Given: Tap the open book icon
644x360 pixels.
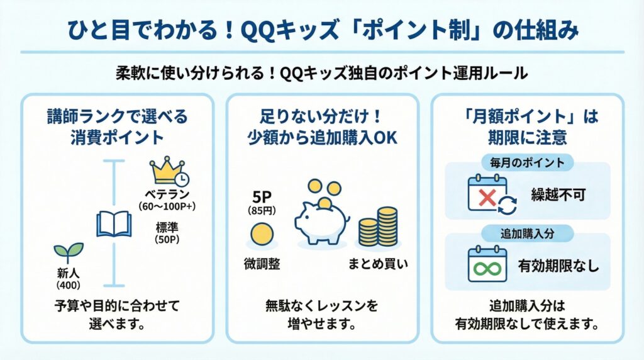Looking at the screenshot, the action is pos(114,224).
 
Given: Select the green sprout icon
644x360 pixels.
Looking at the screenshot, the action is pos(69,252).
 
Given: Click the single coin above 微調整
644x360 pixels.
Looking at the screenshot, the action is pos(262,234).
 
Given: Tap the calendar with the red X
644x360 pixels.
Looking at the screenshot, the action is pos(492,194).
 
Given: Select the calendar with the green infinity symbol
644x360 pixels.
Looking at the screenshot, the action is pos(487,264).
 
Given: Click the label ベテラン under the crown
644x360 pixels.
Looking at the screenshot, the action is pos(167,194).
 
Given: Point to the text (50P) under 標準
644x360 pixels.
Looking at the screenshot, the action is pos(167,239).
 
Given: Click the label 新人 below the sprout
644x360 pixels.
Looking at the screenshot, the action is pos(68,273).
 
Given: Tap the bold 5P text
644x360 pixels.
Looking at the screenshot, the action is pos(262,197).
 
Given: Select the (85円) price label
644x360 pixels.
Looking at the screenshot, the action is pos(262,211).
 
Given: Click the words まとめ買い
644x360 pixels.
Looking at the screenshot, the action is pos(378,264).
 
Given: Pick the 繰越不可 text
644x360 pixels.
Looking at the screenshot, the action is pos(558,195).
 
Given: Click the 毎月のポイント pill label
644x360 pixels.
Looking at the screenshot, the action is pos(528,163).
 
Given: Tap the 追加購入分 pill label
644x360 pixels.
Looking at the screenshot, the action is pos(528,233).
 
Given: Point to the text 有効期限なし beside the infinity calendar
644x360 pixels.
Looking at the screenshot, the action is pos(558,266).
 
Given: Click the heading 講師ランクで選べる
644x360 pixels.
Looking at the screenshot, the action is pos(117,116).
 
